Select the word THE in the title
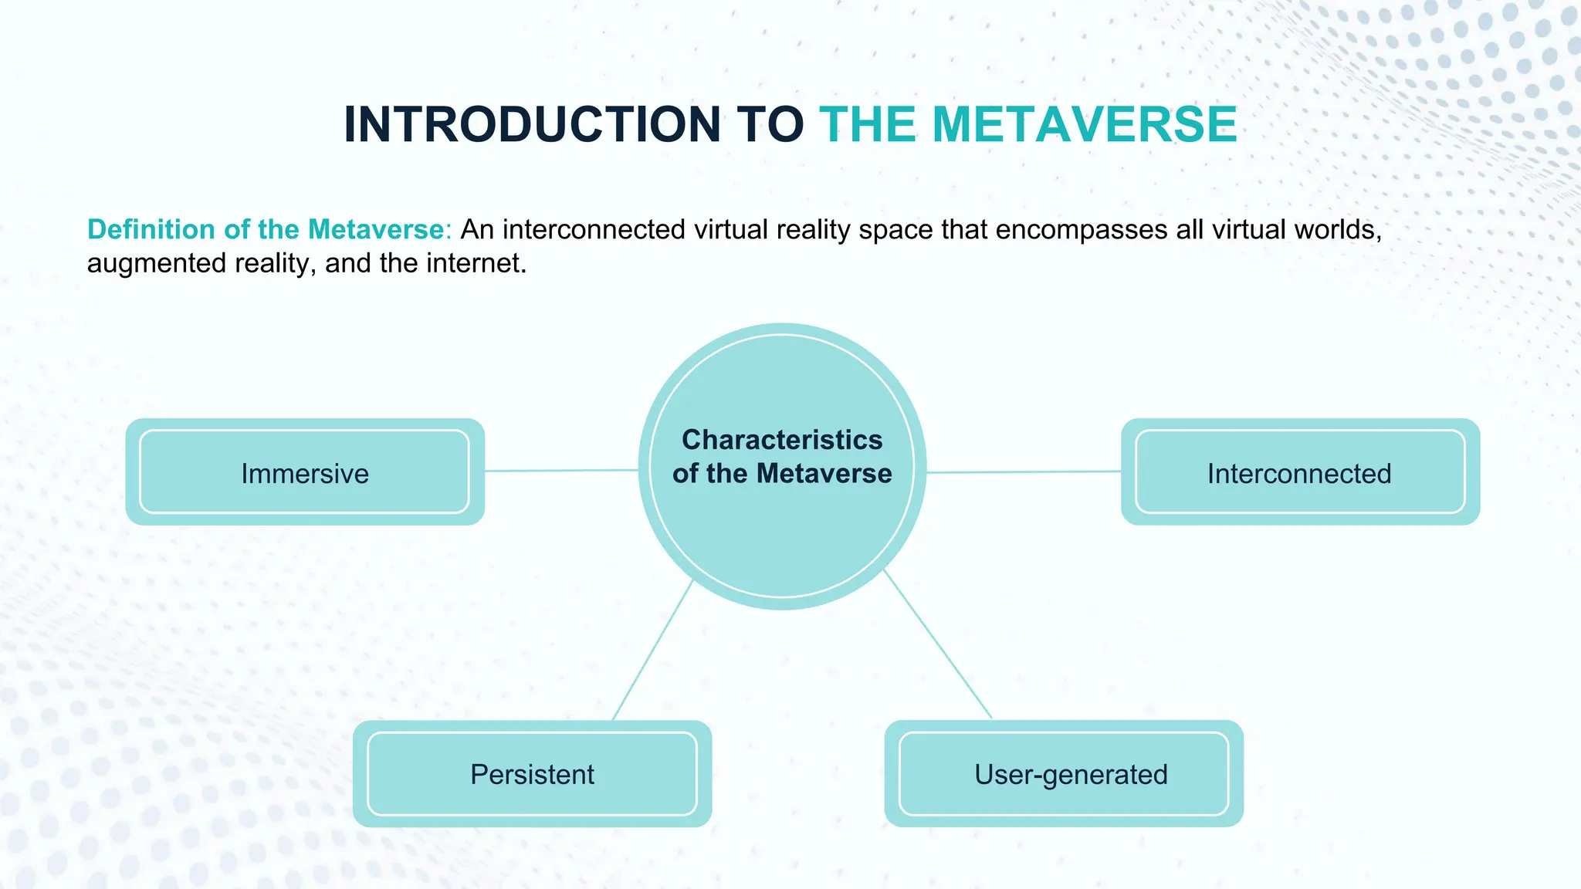click(x=868, y=124)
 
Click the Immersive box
click(x=305, y=472)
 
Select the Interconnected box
click(x=1300, y=472)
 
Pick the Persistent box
click(x=532, y=773)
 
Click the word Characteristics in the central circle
click(x=782, y=440)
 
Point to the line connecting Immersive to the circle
click(x=561, y=470)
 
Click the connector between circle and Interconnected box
click(x=1024, y=472)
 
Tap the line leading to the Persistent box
click(x=652, y=651)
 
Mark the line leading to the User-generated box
click(x=937, y=644)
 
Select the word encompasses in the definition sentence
click(x=1081, y=230)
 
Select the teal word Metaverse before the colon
click(x=375, y=229)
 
